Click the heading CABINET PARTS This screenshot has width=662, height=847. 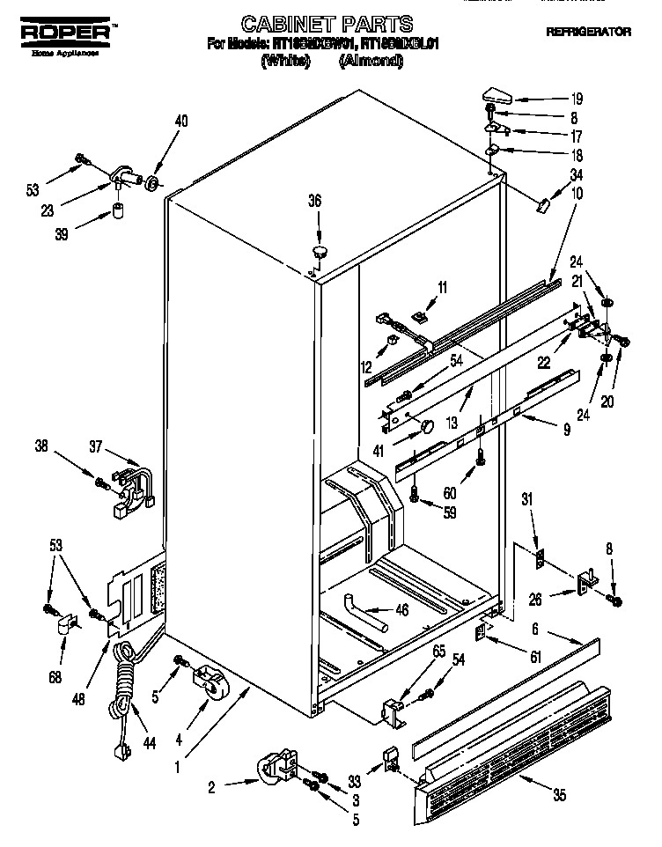pos(327,24)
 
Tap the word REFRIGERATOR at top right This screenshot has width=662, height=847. pos(588,32)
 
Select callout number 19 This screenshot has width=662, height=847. pos(577,99)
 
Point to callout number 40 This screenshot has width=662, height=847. pos(181,122)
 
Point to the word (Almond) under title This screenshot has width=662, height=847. pos(371,63)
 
